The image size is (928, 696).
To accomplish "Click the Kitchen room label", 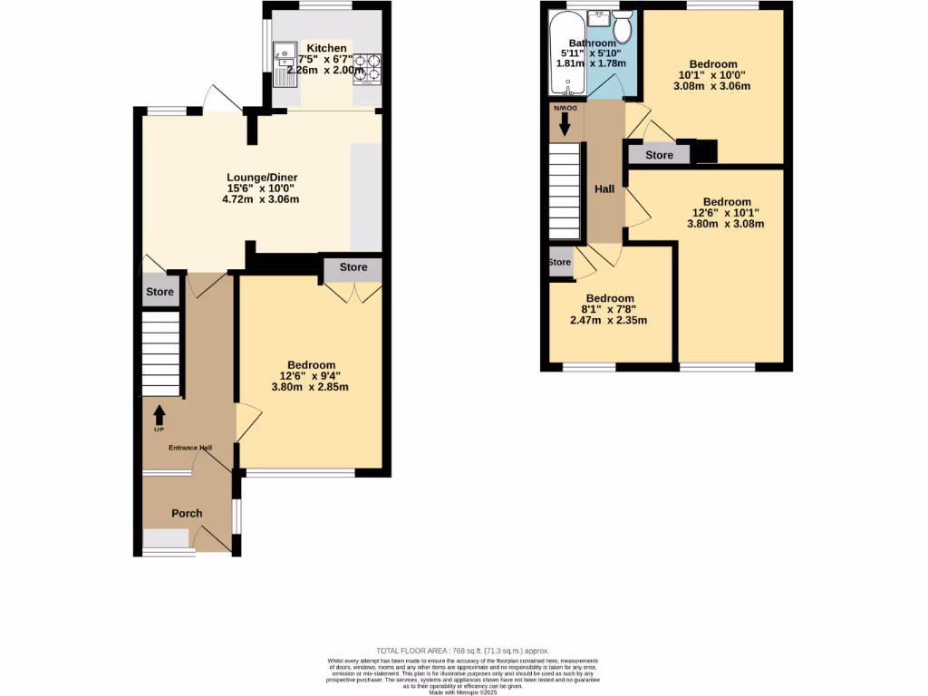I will click(326, 48).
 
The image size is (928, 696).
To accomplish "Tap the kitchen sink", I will click(284, 62).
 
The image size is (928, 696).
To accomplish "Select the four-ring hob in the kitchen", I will click(368, 67).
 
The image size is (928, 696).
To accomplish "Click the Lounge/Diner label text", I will click(262, 177).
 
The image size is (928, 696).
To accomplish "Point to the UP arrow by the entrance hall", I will click(159, 417).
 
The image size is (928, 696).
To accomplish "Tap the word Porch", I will click(187, 513).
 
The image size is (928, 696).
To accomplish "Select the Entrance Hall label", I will click(189, 448).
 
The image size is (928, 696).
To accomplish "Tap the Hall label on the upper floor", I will click(604, 189).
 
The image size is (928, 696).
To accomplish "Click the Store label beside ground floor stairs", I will click(159, 292).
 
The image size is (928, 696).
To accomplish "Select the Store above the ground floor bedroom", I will click(353, 267).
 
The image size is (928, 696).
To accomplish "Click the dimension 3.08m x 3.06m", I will click(711, 86).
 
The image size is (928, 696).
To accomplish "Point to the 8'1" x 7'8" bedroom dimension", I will click(608, 309).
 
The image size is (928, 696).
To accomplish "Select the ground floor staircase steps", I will click(161, 353).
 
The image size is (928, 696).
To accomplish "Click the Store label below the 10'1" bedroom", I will click(659, 155).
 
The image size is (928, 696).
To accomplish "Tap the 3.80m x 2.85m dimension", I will click(310, 387).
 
